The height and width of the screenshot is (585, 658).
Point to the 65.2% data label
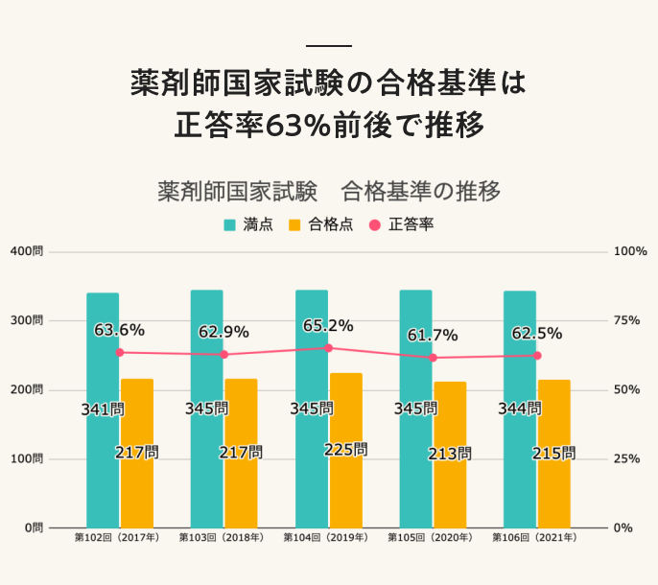tap(328, 326)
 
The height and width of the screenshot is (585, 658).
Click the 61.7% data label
tap(433, 336)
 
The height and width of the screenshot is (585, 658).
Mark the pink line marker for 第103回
tap(223, 355)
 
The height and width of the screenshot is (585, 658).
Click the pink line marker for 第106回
tap(537, 356)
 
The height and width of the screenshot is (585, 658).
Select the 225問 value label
tap(346, 449)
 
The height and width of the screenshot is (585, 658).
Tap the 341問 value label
tap(103, 409)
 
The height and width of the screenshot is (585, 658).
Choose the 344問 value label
tap(520, 409)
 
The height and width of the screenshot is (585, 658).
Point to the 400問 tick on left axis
tap(28, 251)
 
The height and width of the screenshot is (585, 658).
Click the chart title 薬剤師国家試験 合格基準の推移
tap(329, 191)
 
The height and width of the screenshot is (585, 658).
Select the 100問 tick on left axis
tap(28, 458)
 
